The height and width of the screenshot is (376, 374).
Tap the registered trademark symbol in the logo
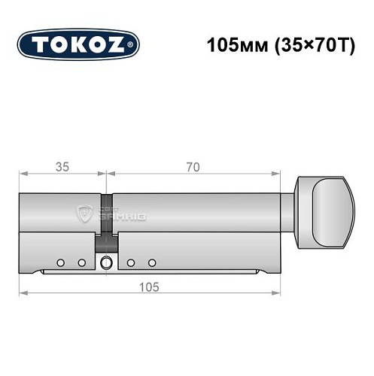pos(133,46)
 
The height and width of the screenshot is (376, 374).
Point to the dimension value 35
pos(61,166)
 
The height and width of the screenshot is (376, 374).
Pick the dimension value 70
pos(194,166)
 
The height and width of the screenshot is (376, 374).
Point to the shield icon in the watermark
pos(84,216)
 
